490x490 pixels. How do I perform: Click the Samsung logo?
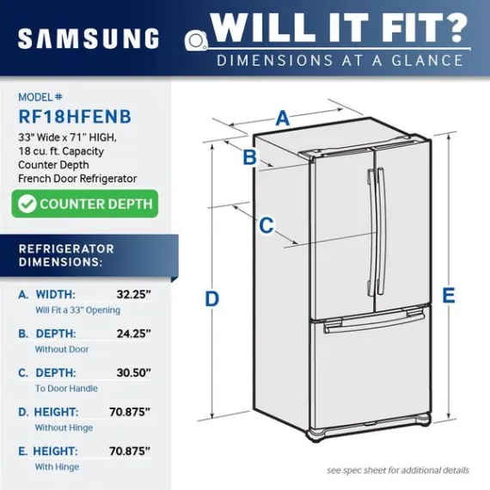pos(89,39)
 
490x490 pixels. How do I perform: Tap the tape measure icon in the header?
pos(196,40)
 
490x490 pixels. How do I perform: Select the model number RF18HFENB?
pos(75,117)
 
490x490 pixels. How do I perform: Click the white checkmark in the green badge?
pos(28,204)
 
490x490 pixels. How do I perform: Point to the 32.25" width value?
pos(134,294)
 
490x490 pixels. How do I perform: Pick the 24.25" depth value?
pos(134,334)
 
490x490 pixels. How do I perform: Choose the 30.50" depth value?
pos(134,372)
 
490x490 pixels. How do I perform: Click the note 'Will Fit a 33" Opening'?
pos(78,310)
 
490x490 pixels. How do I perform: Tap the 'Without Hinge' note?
pos(64,427)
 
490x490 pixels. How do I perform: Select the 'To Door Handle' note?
pos(66,389)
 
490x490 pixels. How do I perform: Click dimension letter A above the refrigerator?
pos(282,118)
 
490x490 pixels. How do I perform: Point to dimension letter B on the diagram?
pos(249,156)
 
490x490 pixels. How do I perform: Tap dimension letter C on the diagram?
pos(266,225)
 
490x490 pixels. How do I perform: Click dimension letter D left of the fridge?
pos(211,299)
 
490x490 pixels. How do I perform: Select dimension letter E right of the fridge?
pos(449,295)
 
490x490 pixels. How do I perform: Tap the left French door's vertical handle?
pos(371,233)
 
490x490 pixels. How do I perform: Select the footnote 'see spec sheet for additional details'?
pos(398,470)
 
